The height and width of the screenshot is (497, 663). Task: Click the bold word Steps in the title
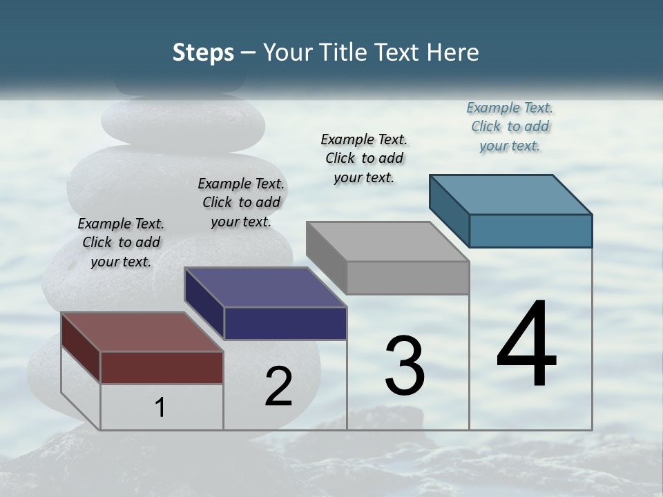(x=203, y=53)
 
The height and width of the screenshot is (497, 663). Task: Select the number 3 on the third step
(x=405, y=366)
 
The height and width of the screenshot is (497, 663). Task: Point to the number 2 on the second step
(x=279, y=387)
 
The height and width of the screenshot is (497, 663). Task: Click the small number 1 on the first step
(x=160, y=408)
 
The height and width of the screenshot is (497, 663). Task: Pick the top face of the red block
(x=142, y=332)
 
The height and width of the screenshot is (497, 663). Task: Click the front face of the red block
(x=162, y=367)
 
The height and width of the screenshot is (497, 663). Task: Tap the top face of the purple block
(x=265, y=287)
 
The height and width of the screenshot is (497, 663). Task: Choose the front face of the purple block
(x=285, y=323)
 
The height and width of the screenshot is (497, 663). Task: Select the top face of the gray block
(x=387, y=242)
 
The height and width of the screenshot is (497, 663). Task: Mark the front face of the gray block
(x=407, y=277)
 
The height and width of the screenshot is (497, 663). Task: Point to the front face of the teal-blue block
(x=530, y=231)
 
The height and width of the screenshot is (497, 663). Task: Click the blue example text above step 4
(x=510, y=127)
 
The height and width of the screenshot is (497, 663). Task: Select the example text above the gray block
(x=364, y=158)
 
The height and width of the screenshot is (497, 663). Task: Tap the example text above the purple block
(x=241, y=202)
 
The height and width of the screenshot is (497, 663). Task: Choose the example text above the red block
(x=121, y=242)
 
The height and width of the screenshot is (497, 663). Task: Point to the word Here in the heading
(x=453, y=53)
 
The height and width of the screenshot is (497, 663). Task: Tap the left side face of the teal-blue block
(x=449, y=211)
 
